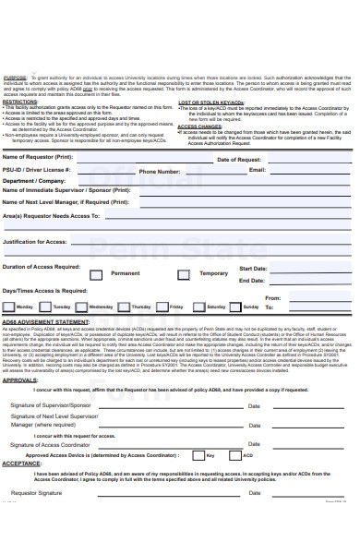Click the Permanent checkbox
96,273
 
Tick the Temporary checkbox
184,273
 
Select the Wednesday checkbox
82,307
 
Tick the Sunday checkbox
233,307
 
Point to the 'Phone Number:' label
160,172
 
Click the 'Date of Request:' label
240,160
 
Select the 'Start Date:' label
253,269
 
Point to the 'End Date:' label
251,281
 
